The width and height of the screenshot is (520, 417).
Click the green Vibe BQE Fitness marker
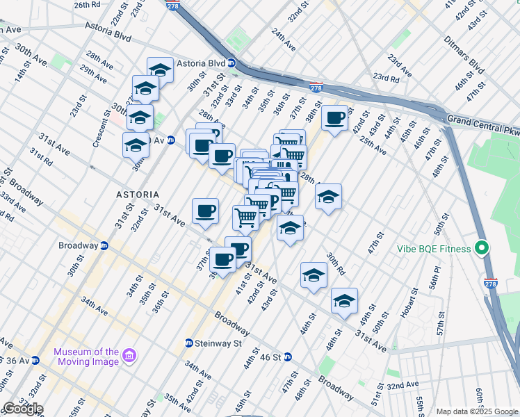pos(481,249)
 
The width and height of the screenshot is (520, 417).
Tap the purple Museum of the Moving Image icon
pos(128,357)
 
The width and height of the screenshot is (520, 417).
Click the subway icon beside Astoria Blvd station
pos(231,63)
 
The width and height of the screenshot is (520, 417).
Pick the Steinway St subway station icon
pos(188,343)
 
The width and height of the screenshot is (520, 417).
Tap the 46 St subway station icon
pos(287,357)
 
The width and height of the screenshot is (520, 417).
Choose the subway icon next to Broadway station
pos(104,245)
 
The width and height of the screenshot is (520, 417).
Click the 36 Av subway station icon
pos(35,360)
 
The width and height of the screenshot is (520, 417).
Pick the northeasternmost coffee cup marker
pos(335,117)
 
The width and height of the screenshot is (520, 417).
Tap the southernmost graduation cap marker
pos(344,300)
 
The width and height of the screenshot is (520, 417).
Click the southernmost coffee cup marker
pos(222,259)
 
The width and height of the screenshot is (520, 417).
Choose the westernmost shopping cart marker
pos(245,218)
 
